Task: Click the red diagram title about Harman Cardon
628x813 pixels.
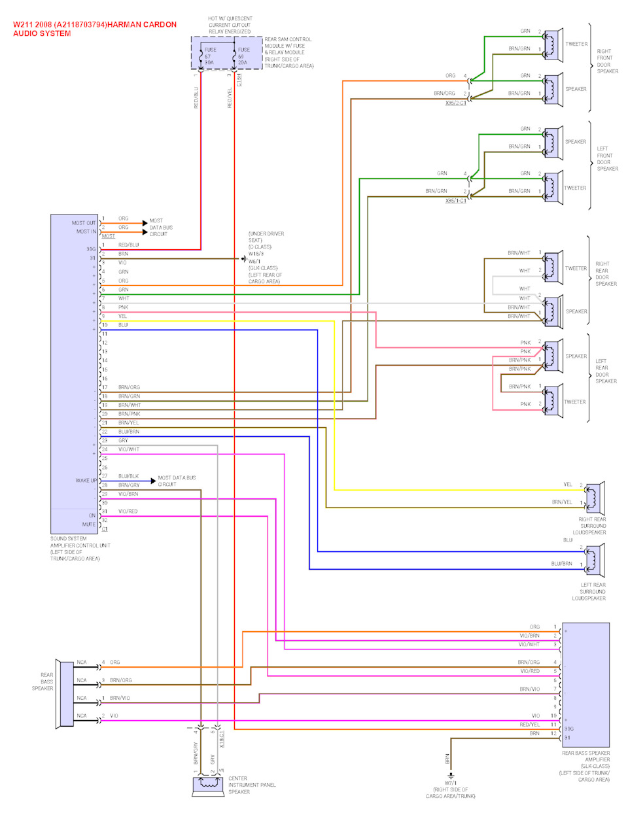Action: tap(95, 29)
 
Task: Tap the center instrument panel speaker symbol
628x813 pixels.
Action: tap(209, 784)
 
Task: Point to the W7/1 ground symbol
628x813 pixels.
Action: tap(450, 775)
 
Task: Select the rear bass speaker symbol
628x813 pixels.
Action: tap(65, 693)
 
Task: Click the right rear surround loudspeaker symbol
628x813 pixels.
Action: tap(594, 498)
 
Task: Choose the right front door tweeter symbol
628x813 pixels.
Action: tap(553, 44)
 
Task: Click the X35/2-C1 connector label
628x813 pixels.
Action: tap(456, 103)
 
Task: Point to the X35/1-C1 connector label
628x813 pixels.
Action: tap(456, 201)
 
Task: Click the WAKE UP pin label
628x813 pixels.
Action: tap(86, 481)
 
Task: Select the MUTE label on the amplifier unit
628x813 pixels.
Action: tap(89, 525)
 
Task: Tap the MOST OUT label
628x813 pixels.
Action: tap(84, 223)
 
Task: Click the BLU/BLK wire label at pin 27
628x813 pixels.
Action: tap(128, 476)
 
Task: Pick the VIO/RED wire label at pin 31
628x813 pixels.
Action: tap(128, 511)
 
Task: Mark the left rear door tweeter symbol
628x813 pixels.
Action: tap(553, 400)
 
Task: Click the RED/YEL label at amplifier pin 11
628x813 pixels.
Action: tap(530, 725)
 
